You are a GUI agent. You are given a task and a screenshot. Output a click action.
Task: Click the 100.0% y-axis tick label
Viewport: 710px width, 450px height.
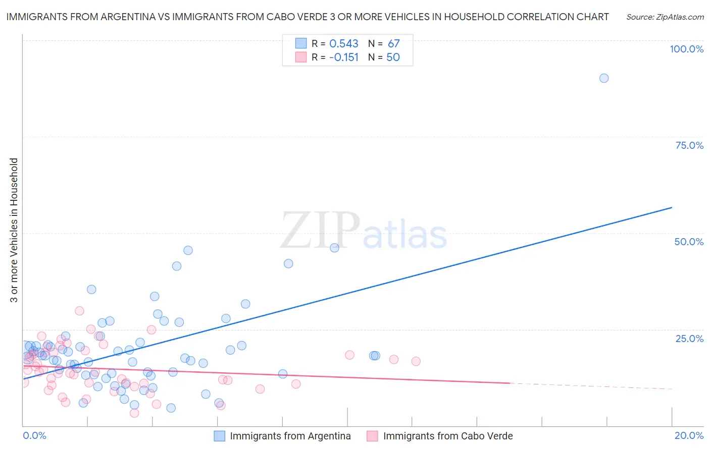pyautogui.click(x=686, y=49)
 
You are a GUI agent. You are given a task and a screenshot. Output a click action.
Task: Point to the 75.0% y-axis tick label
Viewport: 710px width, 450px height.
pyautogui.click(x=689, y=145)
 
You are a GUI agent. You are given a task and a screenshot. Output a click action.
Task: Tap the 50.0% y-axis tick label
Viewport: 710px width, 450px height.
pyautogui.click(x=689, y=242)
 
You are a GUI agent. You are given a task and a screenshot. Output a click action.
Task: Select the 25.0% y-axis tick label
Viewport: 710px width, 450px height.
pyautogui.click(x=689, y=339)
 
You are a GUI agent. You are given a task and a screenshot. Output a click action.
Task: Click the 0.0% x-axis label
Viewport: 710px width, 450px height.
pyautogui.click(x=34, y=435)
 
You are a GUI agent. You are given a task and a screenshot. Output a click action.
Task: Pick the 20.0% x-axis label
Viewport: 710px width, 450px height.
pyautogui.click(x=689, y=435)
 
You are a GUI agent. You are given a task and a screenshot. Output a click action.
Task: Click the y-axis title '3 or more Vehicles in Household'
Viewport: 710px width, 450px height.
pyautogui.click(x=14, y=230)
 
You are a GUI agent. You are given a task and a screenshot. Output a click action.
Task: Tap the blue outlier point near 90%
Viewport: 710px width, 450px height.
pyautogui.click(x=604, y=78)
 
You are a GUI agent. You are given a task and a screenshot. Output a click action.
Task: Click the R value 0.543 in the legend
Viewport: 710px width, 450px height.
pyautogui.click(x=344, y=44)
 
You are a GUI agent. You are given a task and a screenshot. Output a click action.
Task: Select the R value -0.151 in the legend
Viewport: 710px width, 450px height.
pyautogui.click(x=344, y=58)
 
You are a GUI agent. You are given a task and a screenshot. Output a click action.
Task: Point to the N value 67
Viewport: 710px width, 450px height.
pyautogui.click(x=394, y=44)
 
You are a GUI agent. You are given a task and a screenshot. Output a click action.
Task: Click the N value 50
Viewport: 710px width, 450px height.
pyautogui.click(x=393, y=58)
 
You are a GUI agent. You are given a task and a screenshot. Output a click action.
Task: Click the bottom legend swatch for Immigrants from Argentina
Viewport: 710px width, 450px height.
pyautogui.click(x=219, y=436)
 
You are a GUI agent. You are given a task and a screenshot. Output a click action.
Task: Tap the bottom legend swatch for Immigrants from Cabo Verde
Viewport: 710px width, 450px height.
pyautogui.click(x=372, y=436)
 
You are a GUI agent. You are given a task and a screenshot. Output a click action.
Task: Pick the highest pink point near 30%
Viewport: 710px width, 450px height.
pyautogui.click(x=79, y=311)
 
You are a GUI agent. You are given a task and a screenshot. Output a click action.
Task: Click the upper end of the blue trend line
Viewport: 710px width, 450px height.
pyautogui.click(x=672, y=207)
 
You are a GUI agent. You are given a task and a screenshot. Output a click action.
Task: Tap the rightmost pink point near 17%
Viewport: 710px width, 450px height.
pyautogui.click(x=416, y=361)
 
